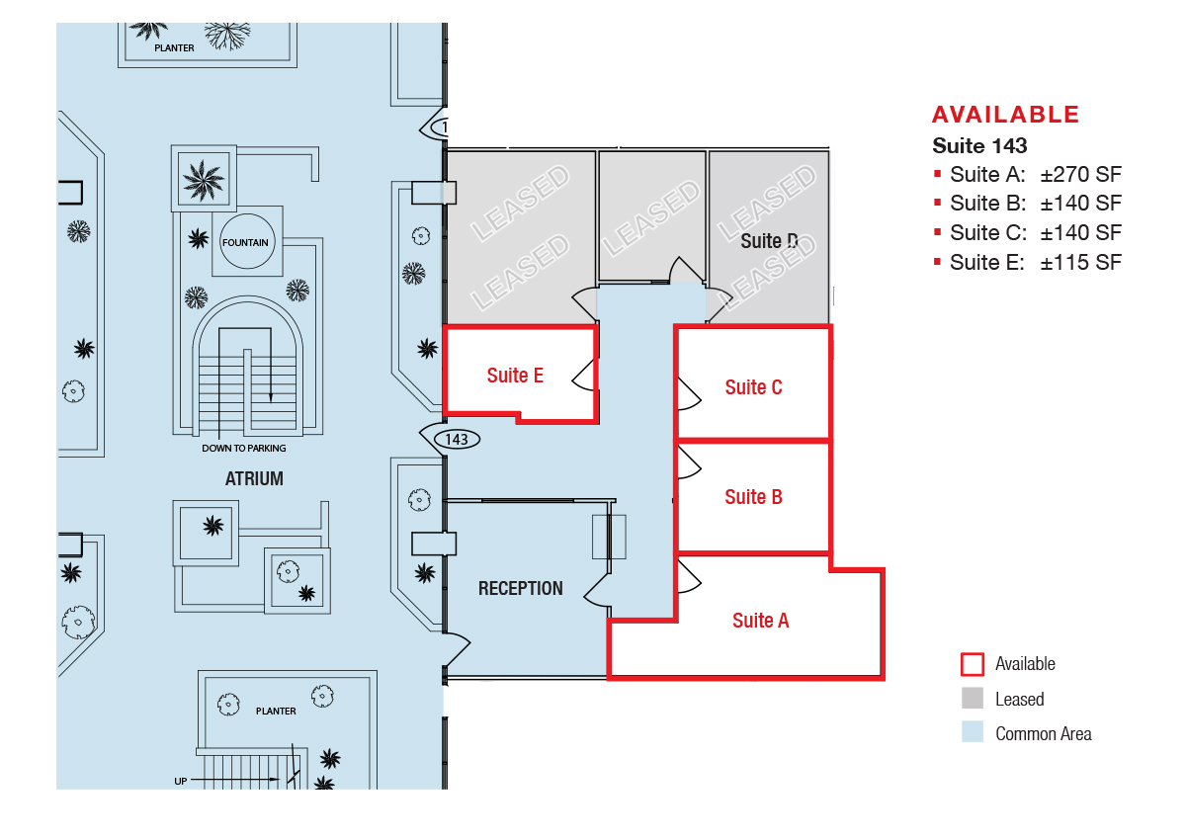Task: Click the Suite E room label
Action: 515,376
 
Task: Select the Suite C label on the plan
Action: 753,387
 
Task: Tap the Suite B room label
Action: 753,497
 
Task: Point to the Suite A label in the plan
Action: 760,621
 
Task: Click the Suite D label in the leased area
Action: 769,241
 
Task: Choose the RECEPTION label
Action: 520,588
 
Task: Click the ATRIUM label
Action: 254,479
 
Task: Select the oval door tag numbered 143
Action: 456,439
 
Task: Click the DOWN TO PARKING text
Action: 244,449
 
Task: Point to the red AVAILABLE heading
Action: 1005,114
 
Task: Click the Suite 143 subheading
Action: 979,146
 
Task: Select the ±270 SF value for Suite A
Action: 1080,175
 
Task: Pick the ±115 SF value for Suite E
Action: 1080,263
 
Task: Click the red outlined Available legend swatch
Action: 973,664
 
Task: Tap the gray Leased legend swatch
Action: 973,699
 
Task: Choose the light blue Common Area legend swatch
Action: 973,733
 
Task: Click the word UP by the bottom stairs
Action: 181,782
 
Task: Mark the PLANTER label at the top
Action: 174,47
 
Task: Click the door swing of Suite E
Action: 584,371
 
